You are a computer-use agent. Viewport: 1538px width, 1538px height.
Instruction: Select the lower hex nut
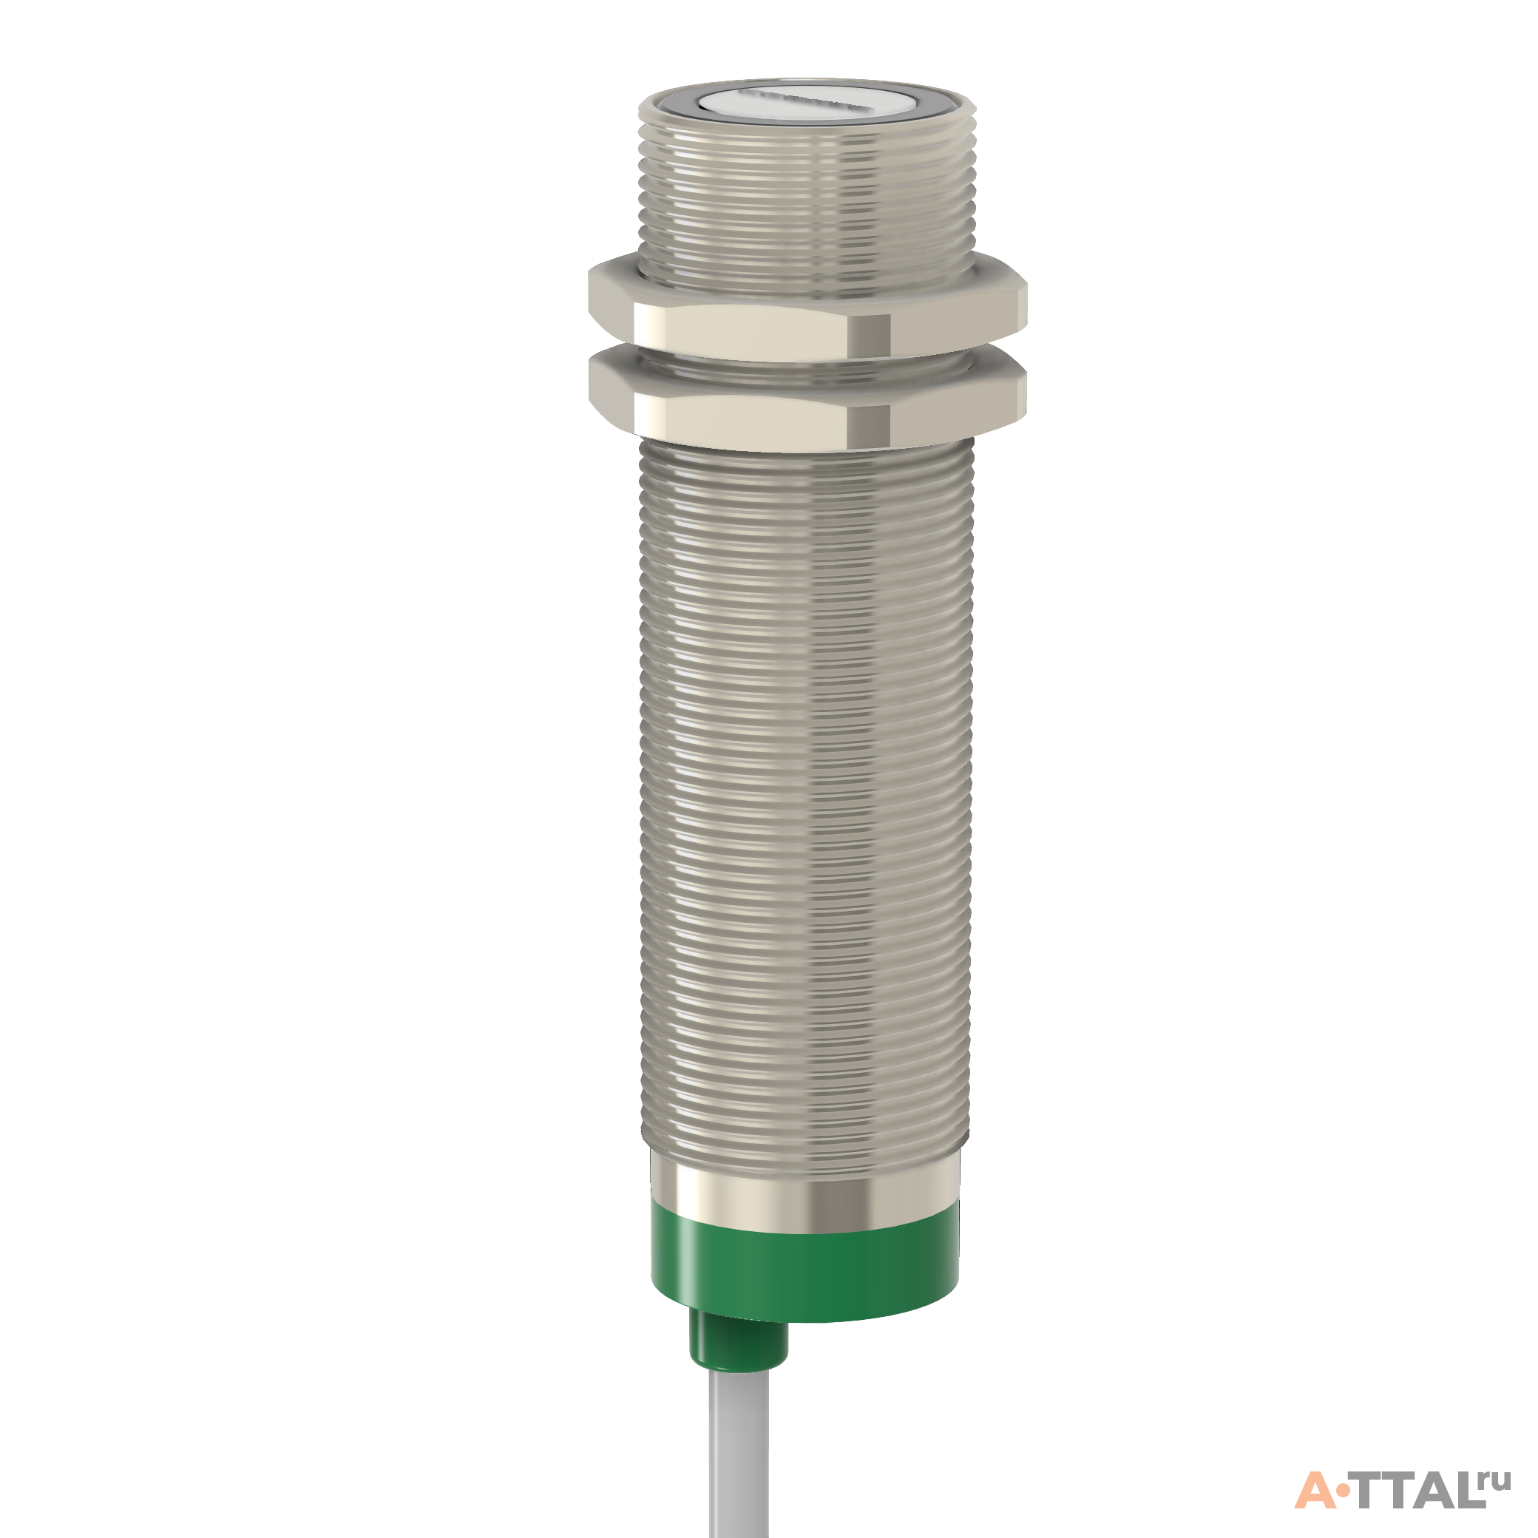pyautogui.click(x=807, y=398)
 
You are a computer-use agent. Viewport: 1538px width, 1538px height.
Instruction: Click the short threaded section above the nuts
pyautogui.click(x=807, y=195)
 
